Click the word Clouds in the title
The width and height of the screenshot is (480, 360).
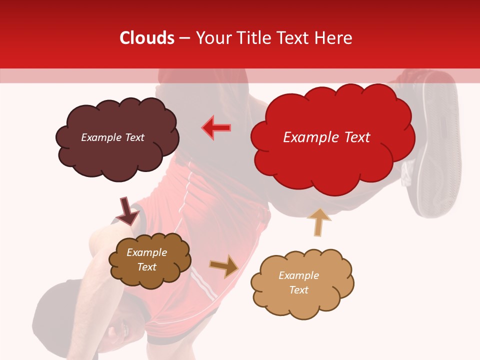click(x=146, y=38)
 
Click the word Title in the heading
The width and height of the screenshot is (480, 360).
click(x=252, y=38)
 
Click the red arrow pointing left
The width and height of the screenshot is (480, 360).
click(x=216, y=128)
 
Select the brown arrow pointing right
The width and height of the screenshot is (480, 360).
click(x=224, y=266)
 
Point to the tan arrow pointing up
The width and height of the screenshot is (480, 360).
click(x=319, y=221)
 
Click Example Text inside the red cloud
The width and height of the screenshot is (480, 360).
click(x=326, y=137)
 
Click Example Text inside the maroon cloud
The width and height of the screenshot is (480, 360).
click(x=112, y=137)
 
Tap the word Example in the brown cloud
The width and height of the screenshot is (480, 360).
click(x=146, y=252)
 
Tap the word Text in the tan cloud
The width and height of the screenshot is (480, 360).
click(x=298, y=290)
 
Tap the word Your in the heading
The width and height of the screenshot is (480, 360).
click(x=209, y=38)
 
